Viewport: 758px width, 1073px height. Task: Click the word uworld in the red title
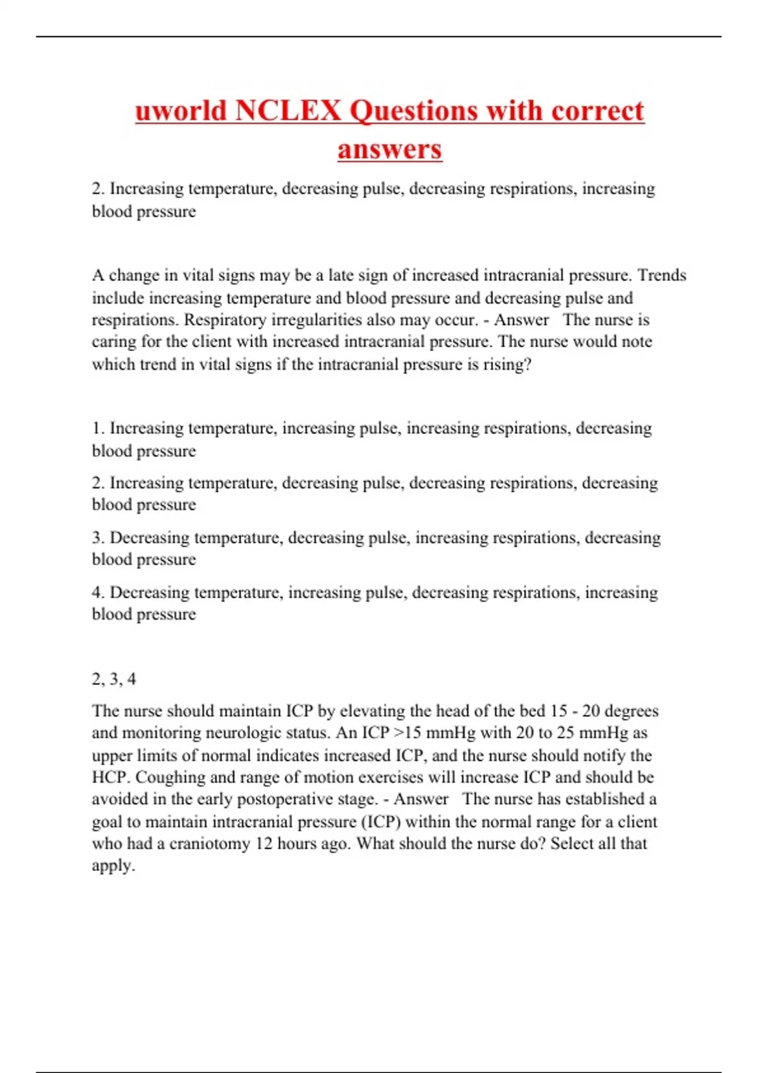181,111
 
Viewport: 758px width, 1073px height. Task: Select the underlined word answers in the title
389,150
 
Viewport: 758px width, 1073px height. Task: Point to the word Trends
661,275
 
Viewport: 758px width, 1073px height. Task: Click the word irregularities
316,320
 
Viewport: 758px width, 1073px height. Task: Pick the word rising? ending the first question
507,364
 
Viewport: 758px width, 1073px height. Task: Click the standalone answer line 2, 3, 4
114,679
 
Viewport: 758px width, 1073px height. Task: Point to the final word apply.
113,866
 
